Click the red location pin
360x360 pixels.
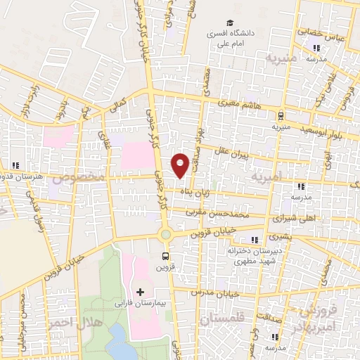tap(180, 165)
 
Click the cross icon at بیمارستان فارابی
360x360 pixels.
tap(140, 291)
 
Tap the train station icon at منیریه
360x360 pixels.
tap(281, 117)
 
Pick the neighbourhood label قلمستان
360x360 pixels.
tap(219, 319)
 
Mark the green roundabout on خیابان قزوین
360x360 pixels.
tap(166, 235)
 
